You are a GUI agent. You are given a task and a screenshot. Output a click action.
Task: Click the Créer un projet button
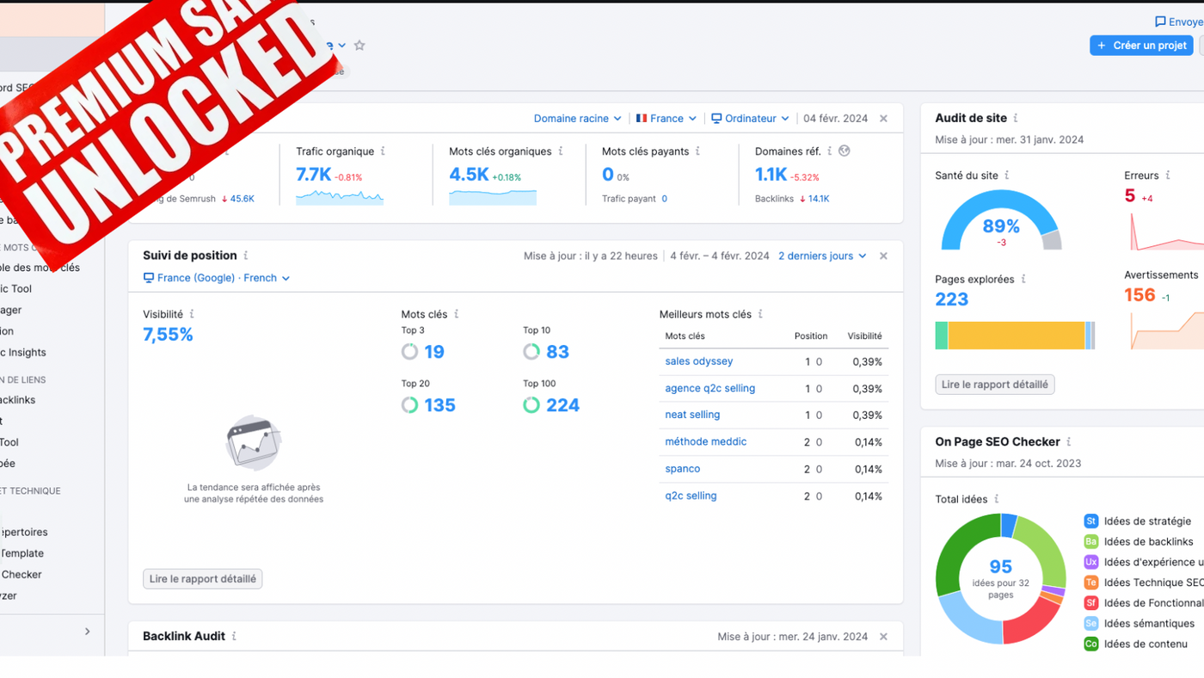[1141, 46]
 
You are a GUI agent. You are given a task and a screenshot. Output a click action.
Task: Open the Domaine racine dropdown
[577, 119]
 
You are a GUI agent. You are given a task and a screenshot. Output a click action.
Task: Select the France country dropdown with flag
[666, 119]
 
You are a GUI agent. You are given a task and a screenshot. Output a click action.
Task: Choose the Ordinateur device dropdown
[750, 119]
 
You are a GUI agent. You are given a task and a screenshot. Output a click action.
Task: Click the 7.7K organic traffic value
[313, 175]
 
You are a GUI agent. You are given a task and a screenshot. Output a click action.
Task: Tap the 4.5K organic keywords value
[468, 175]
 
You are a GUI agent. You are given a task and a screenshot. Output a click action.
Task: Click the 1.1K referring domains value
[771, 175]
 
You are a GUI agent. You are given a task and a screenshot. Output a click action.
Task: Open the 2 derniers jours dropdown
[821, 256]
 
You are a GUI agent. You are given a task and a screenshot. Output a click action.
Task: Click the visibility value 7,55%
[168, 335]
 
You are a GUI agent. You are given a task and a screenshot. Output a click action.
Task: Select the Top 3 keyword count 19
[433, 352]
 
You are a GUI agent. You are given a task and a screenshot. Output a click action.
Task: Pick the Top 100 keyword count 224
[562, 405]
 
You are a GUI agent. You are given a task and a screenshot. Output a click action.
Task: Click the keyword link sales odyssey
[698, 361]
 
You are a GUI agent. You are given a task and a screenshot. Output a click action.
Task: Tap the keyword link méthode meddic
[705, 441]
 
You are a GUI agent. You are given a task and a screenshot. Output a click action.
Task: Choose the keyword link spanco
[682, 469]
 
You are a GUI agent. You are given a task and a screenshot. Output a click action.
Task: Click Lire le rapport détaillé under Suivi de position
[202, 579]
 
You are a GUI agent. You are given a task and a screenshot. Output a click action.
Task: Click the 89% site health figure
[1001, 226]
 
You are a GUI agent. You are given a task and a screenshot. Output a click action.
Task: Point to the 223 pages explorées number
[951, 299]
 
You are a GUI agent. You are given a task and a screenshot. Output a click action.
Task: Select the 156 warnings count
[1139, 295]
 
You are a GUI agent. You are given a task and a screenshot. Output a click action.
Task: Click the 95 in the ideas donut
[1000, 567]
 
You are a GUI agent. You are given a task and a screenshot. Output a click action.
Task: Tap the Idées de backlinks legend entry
[1148, 541]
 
